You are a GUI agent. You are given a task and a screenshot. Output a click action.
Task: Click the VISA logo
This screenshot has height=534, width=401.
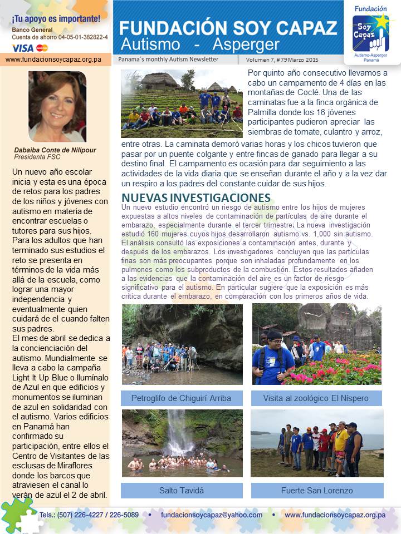click(x=22, y=48)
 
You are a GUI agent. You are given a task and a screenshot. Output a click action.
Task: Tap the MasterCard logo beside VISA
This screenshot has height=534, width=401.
click(x=42, y=48)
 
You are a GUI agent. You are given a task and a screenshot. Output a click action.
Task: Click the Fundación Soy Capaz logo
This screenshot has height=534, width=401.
click(x=370, y=31)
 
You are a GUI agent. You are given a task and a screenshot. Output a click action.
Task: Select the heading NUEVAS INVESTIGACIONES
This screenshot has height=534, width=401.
click(x=196, y=198)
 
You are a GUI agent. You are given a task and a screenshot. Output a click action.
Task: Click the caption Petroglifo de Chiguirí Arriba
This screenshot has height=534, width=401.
click(x=181, y=398)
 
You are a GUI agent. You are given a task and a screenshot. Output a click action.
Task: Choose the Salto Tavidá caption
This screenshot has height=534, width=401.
click(x=182, y=491)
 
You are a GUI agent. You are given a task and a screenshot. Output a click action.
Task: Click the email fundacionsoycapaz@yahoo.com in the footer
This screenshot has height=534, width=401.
click(x=211, y=515)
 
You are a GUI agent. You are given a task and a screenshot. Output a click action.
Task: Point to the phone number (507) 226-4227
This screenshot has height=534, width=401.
click(x=83, y=515)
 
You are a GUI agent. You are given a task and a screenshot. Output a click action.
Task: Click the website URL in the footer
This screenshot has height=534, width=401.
click(x=335, y=515)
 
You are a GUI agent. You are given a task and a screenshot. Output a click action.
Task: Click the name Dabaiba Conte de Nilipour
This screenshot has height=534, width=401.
click(x=55, y=150)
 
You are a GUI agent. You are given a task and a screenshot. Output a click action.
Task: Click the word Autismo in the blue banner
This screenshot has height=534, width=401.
click(x=150, y=44)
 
